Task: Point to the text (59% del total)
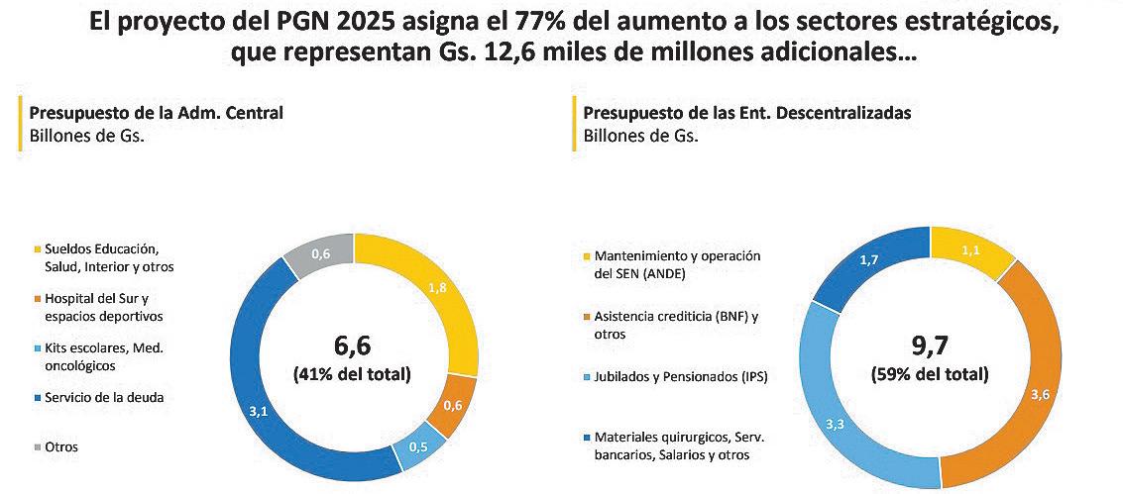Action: pos(929,375)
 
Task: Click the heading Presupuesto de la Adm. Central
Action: pos(156,113)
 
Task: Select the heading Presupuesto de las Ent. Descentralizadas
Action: pos(747,113)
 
